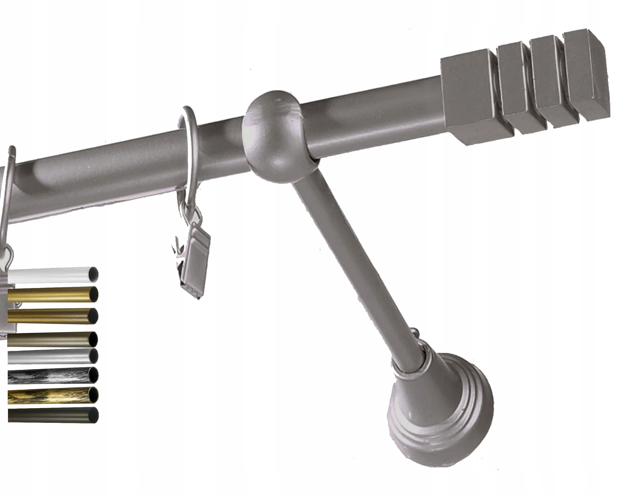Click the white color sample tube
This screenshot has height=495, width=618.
pyautogui.click(x=49, y=275)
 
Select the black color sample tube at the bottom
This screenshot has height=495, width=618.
pyautogui.click(x=49, y=415)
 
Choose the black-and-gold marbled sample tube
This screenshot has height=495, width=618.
pyautogui.click(x=49, y=395)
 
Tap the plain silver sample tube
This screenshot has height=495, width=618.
pyautogui.click(x=49, y=356)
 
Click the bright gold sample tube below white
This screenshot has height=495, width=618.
pyautogui.click(x=49, y=294)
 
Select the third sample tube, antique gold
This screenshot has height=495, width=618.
pyautogui.click(x=49, y=316)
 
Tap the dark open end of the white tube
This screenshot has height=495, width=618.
pyautogui.click(x=93, y=274)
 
